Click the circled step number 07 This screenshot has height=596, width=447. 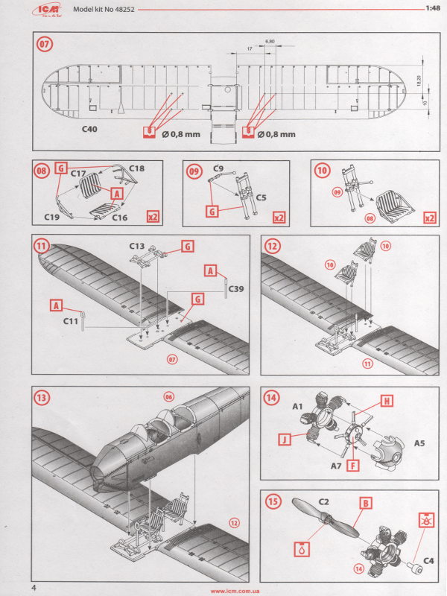pyautogui.click(x=45, y=44)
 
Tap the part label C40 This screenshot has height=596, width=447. pyautogui.click(x=92, y=128)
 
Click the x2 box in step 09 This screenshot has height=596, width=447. pyautogui.click(x=279, y=218)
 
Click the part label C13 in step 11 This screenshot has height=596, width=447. pyautogui.click(x=136, y=245)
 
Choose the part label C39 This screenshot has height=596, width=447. pyautogui.click(x=236, y=288)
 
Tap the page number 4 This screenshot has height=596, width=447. pyautogui.click(x=35, y=588)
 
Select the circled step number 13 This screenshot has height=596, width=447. pyautogui.click(x=44, y=399)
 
